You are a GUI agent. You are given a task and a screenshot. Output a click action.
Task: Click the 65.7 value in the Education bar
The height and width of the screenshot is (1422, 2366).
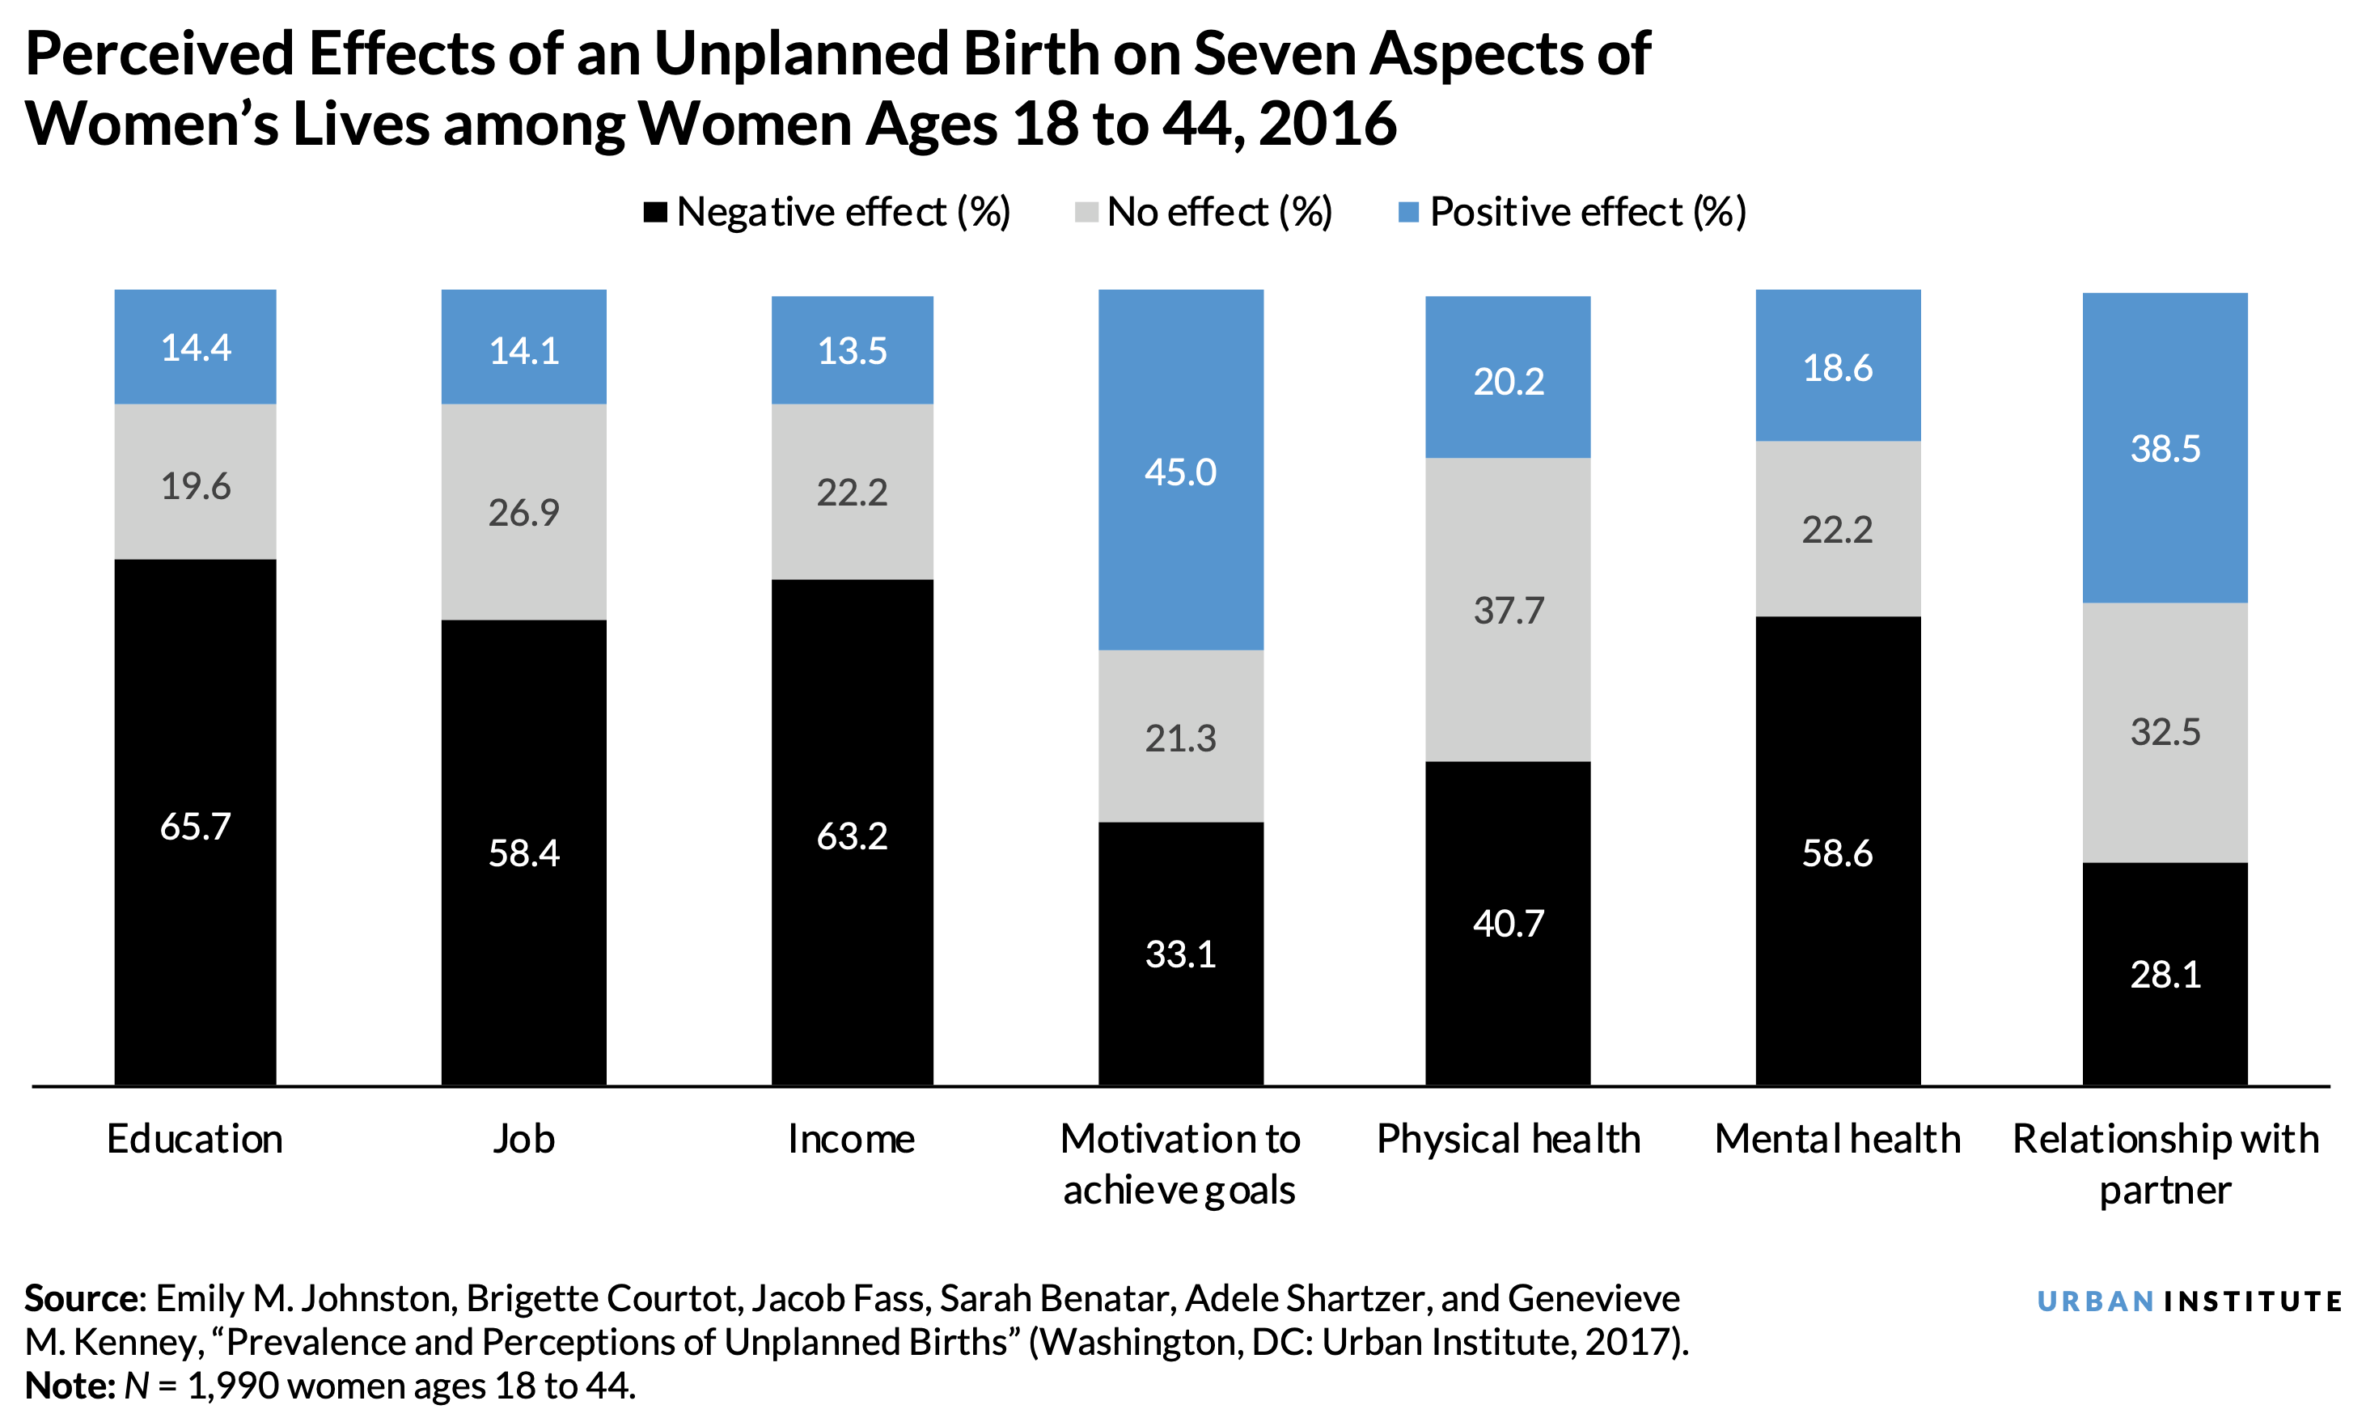pos(196,827)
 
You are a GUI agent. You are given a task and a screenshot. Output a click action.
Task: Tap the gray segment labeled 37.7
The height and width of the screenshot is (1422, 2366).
pos(1509,611)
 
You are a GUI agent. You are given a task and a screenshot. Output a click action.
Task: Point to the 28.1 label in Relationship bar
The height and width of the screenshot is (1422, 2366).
pos(2165,975)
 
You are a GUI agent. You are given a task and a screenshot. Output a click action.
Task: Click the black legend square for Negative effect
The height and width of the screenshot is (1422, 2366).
pos(655,213)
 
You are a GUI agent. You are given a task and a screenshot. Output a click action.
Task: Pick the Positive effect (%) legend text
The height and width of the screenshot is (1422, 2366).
pos(1587,213)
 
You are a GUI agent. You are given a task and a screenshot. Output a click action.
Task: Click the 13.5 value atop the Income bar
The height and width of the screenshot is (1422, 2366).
pos(852,351)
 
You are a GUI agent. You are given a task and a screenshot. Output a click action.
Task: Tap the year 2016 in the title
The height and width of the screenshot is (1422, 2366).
pos(1327,125)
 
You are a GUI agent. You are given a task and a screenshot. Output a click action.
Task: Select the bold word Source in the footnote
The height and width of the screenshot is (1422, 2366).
pos(83,1298)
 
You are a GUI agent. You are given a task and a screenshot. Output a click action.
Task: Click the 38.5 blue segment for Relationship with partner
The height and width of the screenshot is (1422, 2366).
pos(2165,448)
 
